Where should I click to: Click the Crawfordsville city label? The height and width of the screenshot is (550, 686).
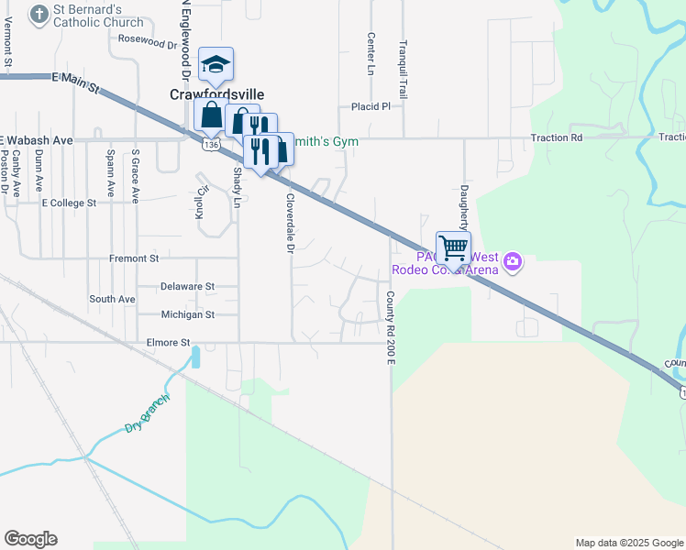[216, 93]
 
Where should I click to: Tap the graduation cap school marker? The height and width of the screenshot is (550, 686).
[216, 64]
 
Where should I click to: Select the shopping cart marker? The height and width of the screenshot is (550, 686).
[453, 247]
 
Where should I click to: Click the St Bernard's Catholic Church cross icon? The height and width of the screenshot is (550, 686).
[39, 14]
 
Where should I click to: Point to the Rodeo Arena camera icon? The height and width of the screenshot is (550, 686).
[512, 262]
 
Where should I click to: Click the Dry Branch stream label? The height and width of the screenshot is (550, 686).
[148, 413]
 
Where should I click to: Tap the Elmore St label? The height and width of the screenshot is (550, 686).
[166, 343]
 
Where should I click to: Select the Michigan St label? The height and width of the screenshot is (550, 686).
[187, 314]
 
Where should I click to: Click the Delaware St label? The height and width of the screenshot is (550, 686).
[187, 286]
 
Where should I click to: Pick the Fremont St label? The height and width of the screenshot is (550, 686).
[134, 258]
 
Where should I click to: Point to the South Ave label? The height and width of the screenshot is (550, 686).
[112, 300]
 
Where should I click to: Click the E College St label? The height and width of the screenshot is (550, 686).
[69, 203]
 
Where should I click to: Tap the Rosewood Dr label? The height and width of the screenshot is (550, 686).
[148, 41]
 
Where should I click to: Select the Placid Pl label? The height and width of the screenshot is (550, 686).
[371, 106]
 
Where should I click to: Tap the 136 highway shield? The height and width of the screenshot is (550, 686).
[212, 145]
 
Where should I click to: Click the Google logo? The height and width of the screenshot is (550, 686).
[30, 539]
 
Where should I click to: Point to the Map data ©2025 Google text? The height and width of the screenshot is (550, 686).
[628, 543]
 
